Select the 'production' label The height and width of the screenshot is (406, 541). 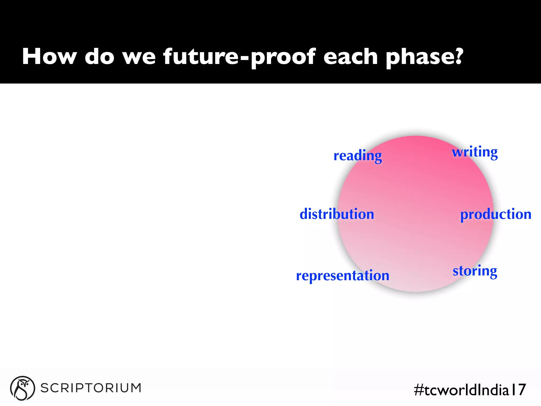[x=496, y=214]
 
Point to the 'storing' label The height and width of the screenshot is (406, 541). [x=475, y=271]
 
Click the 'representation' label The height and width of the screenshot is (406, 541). [x=343, y=276]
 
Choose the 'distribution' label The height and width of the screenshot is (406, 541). [x=337, y=214]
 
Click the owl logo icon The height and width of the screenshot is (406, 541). [x=22, y=388]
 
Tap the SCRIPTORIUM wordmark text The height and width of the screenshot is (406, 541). [x=91, y=388]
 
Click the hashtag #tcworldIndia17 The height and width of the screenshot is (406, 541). [x=470, y=390]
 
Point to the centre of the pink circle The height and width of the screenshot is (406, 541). [x=416, y=214]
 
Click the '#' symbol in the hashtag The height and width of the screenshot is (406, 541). [x=419, y=390]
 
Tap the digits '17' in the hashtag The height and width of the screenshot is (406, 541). [x=518, y=390]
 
